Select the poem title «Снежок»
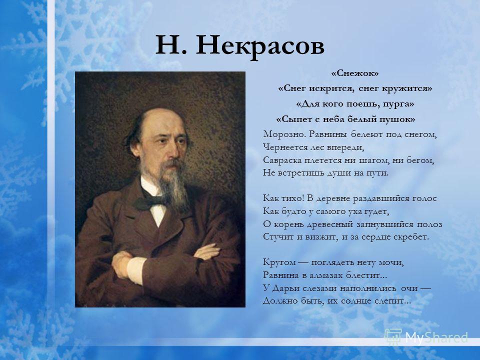click(355, 73)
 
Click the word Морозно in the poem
click(284, 134)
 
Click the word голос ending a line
click(424, 198)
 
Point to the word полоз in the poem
click(429, 224)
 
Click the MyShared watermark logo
click(426, 337)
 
